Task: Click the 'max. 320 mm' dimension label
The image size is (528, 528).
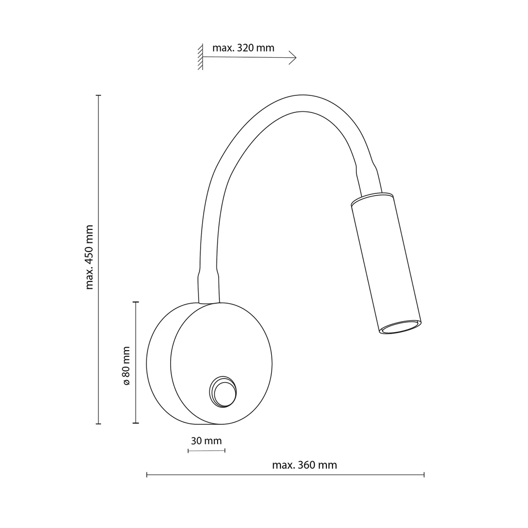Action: pos(243,48)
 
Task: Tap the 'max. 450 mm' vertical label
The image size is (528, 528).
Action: pos(89,257)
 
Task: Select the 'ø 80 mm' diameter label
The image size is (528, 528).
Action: pos(126,366)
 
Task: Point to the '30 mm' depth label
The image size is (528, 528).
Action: pos(206,440)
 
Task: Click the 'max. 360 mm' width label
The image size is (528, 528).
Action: pos(304,465)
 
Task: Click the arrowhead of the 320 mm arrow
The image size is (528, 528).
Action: pos(293,58)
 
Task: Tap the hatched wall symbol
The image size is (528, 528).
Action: pos(201,57)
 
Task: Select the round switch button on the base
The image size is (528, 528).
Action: pos(223,392)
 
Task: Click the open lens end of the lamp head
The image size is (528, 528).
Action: pos(400,326)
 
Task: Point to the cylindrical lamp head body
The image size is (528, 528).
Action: pos(386,263)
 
